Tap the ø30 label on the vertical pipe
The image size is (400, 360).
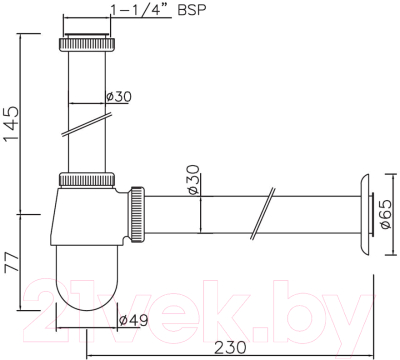pos(121,97)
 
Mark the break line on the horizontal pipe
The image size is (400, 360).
pos(263,212)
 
